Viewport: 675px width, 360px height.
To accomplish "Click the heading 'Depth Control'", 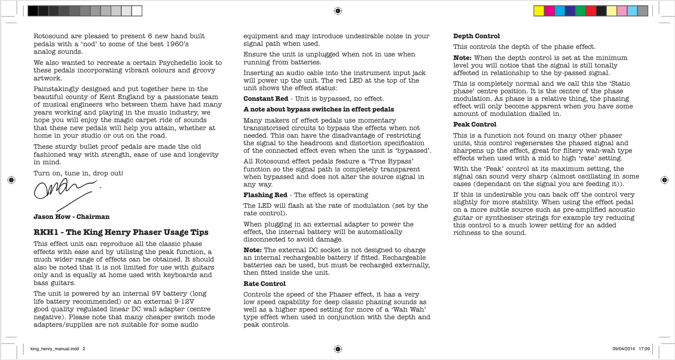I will coord(476,36).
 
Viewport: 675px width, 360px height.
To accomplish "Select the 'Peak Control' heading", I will coord(474,124).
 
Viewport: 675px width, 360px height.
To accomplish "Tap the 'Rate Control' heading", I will coord(264,284).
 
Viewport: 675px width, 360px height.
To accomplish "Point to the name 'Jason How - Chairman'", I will coord(71,217).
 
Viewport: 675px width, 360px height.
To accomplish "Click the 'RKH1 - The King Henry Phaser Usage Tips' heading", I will coord(121,232).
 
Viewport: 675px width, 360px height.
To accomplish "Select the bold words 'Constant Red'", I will coord(266,99).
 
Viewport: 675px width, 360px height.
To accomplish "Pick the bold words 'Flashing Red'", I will coord(265,195).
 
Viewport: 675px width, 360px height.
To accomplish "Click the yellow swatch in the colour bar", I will coord(539,11).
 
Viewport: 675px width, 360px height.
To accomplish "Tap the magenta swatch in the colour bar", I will coord(549,11).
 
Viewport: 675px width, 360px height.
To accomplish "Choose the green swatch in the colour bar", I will coord(580,11).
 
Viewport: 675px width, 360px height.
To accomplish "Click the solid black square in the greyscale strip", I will coord(33,11).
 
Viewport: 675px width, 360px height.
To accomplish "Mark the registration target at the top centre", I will coord(337,11).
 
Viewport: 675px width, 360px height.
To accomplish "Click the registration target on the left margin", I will coord(12,180).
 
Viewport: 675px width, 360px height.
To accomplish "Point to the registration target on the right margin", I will coord(664,180).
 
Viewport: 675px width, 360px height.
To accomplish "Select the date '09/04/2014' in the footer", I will coord(623,349).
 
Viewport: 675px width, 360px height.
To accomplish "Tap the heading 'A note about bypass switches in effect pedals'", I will coord(318,109).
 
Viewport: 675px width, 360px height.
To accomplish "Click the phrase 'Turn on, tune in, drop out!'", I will coord(78,173).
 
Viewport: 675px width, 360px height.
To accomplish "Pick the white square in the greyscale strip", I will coord(137,11).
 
